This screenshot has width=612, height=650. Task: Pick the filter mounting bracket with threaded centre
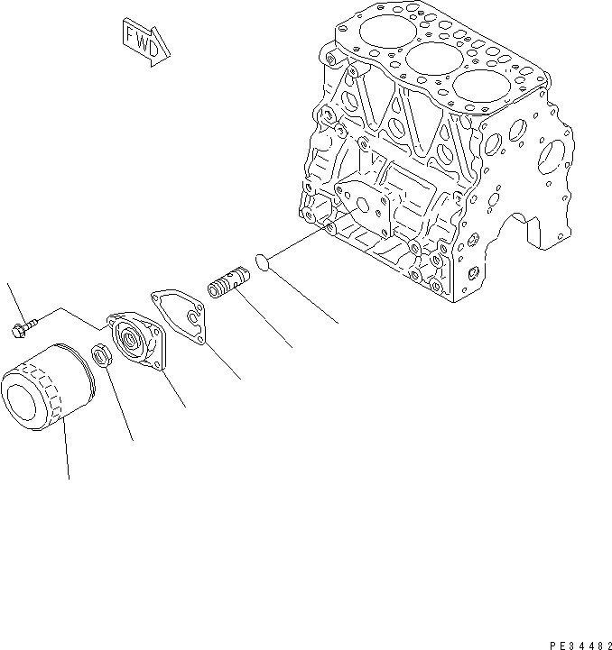click(135, 338)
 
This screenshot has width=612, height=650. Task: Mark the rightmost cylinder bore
click(475, 88)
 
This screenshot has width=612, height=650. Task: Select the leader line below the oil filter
click(66, 454)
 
